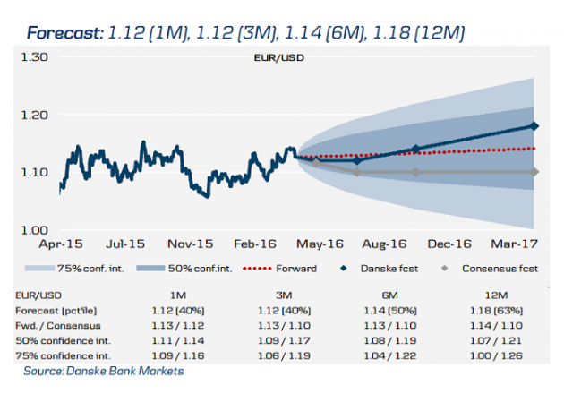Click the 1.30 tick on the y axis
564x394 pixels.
tap(35, 56)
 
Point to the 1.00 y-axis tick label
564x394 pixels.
tap(35, 229)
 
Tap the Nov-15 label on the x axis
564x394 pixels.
tap(191, 244)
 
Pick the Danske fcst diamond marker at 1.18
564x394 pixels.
tap(535, 126)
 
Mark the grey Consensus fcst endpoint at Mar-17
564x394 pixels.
tap(535, 172)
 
